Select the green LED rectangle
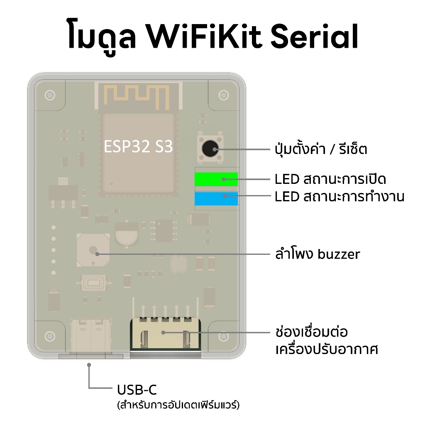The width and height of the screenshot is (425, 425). (x=216, y=179)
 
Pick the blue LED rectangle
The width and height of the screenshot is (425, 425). (x=216, y=199)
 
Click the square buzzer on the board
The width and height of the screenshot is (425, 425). (x=93, y=250)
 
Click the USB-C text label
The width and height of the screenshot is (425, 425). (x=137, y=390)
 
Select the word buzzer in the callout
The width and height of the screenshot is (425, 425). (x=339, y=254)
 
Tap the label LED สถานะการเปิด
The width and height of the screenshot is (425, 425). (x=330, y=179)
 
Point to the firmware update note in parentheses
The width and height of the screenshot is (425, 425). (x=178, y=404)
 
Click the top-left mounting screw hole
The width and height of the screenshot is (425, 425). (x=50, y=95)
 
